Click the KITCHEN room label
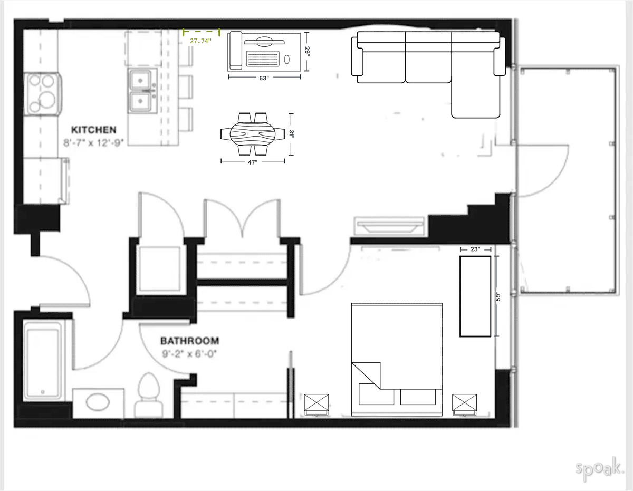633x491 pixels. pos(94,130)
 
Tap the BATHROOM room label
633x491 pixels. pos(190,341)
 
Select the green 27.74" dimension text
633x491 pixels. pos(200,41)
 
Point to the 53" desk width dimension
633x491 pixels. pos(264,78)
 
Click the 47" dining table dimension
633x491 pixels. pos(252,162)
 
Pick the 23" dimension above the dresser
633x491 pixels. pos(475,249)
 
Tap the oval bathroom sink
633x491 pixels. pos(99,403)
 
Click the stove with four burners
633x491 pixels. pos(43,93)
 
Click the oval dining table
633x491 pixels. pos(253,134)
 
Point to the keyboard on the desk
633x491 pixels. pos(264,57)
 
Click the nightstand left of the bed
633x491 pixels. pos(318,405)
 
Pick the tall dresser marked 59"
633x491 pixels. pos(475,296)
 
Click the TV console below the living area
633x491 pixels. pos(390,225)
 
